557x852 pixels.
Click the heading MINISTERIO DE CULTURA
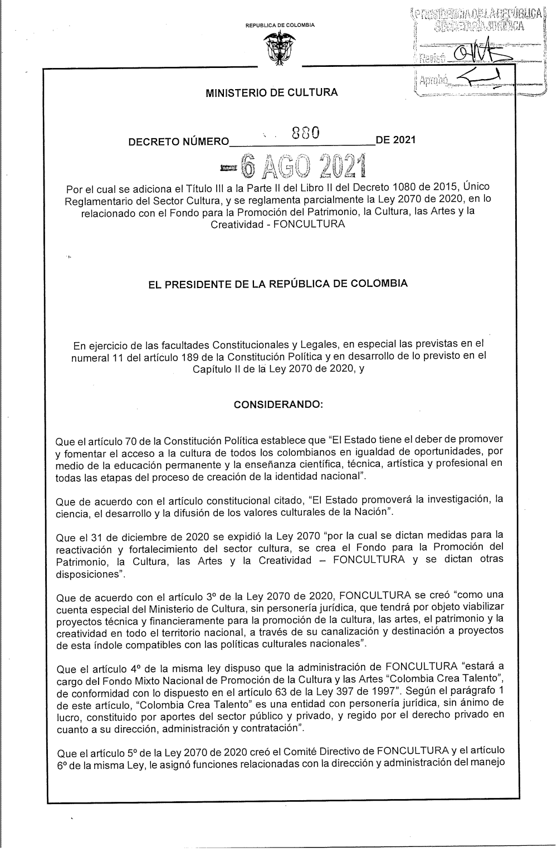pyautogui.click(x=272, y=93)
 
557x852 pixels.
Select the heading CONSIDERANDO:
pyautogui.click(x=278, y=404)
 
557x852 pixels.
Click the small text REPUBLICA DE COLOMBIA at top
pyautogui.click(x=280, y=25)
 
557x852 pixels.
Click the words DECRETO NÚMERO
pyautogui.click(x=178, y=142)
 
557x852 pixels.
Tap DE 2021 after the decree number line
pyautogui.click(x=396, y=140)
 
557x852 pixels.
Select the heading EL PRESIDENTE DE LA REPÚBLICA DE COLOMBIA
pyautogui.click(x=276, y=284)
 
